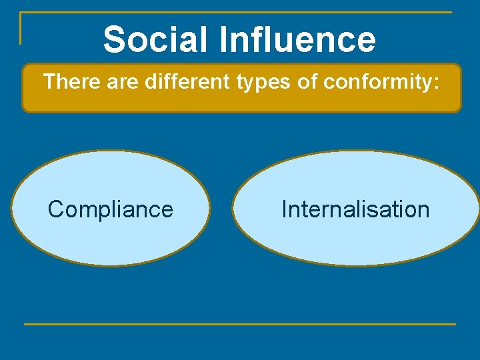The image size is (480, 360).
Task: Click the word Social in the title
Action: pyautogui.click(x=155, y=39)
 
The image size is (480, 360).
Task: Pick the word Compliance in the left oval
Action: pyautogui.click(x=110, y=209)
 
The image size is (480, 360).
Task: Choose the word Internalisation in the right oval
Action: pyautogui.click(x=355, y=209)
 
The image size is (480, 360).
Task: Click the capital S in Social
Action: pyautogui.click(x=115, y=39)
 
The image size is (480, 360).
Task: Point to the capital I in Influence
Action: pyautogui.click(x=222, y=39)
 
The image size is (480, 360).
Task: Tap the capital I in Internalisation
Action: pyautogui.click(x=284, y=209)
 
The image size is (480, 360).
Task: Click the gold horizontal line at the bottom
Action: pyautogui.click(x=240, y=325)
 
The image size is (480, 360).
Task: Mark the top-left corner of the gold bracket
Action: pyautogui.click(x=21, y=13)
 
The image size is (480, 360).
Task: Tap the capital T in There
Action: pyautogui.click(x=49, y=83)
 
